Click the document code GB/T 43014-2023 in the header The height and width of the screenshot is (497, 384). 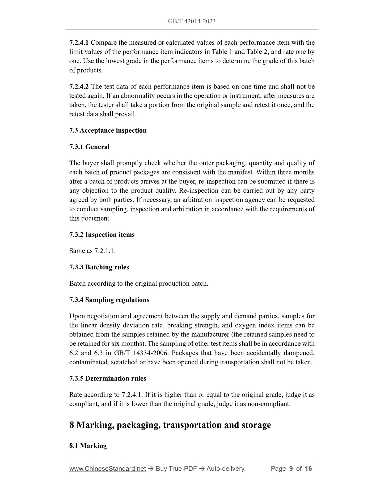pyautogui.click(x=192, y=21)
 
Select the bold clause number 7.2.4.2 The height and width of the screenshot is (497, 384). pyautogui.click(x=79, y=87)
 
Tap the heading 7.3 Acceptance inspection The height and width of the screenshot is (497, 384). pyautogui.click(x=108, y=130)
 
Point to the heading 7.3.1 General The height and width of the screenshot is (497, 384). pyautogui.click(x=89, y=147)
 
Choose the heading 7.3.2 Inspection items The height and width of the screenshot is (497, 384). pyautogui.click(x=102, y=235)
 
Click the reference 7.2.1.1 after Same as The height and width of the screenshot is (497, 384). pyautogui.click(x=105, y=251)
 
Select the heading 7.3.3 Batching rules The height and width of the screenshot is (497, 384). pyautogui.click(x=99, y=267)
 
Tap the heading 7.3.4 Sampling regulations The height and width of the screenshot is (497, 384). pyautogui.click(x=109, y=300)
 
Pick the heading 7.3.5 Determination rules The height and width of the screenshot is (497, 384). pyautogui.click(x=108, y=378)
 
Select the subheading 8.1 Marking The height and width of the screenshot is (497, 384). pyautogui.click(x=88, y=446)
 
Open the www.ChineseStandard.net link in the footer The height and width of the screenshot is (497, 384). pyautogui.click(x=108, y=469)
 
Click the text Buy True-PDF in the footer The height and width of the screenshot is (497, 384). pyautogui.click(x=176, y=469)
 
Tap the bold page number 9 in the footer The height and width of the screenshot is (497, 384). pyautogui.click(x=291, y=469)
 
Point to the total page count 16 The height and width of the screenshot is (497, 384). pyautogui.click(x=308, y=469)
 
